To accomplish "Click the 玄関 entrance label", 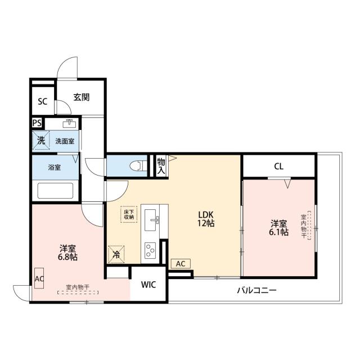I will point(81,97).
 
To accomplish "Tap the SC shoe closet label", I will point(42,102).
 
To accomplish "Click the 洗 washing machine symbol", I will point(41,141).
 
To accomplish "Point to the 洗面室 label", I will point(65,141).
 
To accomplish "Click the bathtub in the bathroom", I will point(55,190).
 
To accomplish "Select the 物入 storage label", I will point(161,165).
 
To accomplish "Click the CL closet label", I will point(278,166).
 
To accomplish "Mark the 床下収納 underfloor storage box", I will point(129,214).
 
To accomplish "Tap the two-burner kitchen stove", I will point(150,249).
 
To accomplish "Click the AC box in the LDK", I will point(180,263).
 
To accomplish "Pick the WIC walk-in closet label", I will point(148,284).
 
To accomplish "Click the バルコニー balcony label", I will point(256,291).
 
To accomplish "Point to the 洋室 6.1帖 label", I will point(278,227).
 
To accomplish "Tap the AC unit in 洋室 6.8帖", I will point(39,278).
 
